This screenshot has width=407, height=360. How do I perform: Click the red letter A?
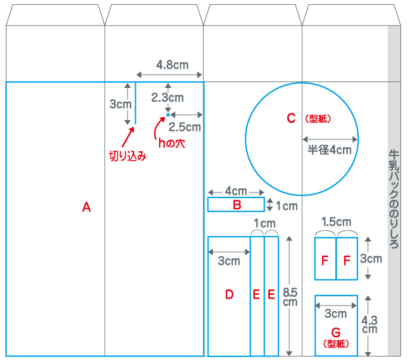click(86, 208)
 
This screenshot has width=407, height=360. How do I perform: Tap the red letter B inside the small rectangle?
click(237, 205)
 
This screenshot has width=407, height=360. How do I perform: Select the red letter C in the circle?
click(291, 118)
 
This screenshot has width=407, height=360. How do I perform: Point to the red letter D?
click(229, 294)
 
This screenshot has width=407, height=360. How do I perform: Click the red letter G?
click(336, 332)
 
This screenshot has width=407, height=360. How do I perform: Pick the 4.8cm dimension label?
click(172, 65)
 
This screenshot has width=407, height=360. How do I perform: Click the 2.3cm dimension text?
click(168, 97)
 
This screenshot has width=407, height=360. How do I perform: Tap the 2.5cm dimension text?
click(184, 127)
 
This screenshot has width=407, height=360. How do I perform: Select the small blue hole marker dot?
click(168, 115)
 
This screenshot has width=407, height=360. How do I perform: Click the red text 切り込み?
click(127, 156)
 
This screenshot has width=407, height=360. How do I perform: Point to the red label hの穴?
click(172, 143)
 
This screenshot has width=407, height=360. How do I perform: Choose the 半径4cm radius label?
click(329, 150)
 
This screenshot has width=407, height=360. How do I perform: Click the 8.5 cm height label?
click(290, 297)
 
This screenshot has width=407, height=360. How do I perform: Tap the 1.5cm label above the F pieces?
click(336, 222)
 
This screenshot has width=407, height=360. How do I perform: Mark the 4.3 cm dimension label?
click(369, 325)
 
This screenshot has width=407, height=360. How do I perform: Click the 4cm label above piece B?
click(236, 191)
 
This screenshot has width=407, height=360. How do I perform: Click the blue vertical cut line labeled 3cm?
click(135, 103)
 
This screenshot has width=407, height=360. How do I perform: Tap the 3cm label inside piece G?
click(336, 314)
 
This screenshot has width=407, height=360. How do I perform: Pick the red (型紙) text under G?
click(336, 344)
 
